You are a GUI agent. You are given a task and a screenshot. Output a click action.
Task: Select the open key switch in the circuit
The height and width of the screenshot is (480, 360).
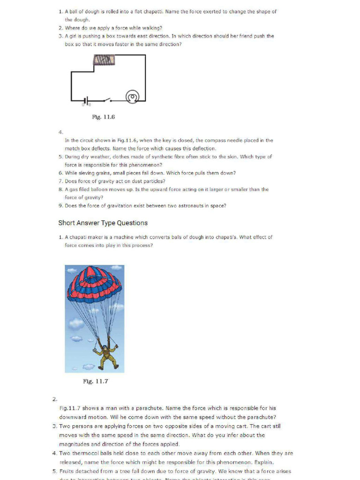(106, 99)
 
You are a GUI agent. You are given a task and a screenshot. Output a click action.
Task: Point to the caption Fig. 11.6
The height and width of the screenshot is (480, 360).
(104, 117)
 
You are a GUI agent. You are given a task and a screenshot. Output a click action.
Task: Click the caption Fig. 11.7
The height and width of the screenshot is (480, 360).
(96, 381)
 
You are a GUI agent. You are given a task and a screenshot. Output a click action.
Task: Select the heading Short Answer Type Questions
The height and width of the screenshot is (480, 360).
(103, 223)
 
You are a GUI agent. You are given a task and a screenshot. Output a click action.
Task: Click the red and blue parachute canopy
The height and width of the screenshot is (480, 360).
(94, 284)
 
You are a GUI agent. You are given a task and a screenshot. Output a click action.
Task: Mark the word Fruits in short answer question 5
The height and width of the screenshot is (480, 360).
(67, 471)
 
